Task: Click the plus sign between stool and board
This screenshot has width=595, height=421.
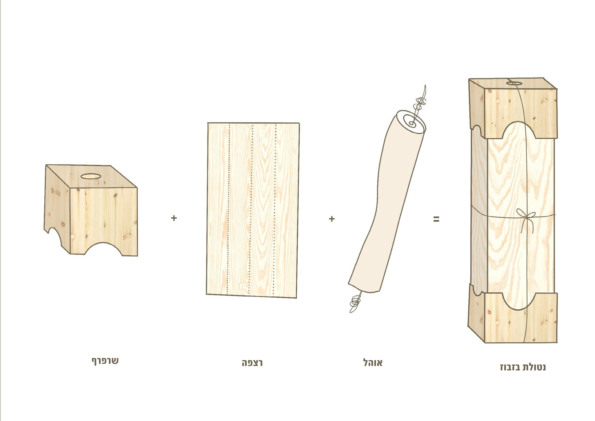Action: coord(174,218)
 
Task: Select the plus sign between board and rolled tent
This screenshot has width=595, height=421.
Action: coord(332,219)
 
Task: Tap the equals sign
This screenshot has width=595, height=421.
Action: coord(436,219)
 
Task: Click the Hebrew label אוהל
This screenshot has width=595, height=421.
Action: coord(373,362)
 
